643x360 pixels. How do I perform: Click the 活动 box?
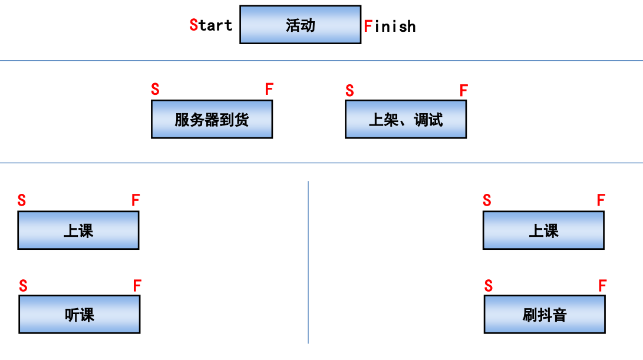[x=300, y=25]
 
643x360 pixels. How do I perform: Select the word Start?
[x=211, y=25]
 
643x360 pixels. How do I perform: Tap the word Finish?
[x=390, y=27]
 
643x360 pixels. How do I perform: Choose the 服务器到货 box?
[x=212, y=119]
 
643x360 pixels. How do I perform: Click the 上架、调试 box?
[x=405, y=119]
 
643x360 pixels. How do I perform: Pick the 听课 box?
[x=79, y=315]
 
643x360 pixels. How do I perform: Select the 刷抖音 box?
[x=544, y=315]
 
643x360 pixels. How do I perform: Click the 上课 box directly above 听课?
[x=78, y=230]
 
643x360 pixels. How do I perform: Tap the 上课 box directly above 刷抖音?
[x=543, y=230]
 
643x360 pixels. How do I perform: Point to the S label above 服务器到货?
[x=155, y=90]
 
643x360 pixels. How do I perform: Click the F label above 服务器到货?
[x=269, y=90]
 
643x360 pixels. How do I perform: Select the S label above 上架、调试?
[x=349, y=91]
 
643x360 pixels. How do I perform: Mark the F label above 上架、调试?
[x=463, y=91]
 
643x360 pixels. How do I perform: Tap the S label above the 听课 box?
[x=23, y=286]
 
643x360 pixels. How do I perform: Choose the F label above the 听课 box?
[x=137, y=286]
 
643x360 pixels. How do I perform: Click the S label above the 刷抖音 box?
[x=488, y=286]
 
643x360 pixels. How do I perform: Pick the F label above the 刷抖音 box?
[x=602, y=286]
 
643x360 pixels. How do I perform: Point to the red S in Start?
[x=193, y=25]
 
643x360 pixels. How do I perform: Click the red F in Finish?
[x=368, y=27]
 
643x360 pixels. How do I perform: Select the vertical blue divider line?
[x=308, y=262]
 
